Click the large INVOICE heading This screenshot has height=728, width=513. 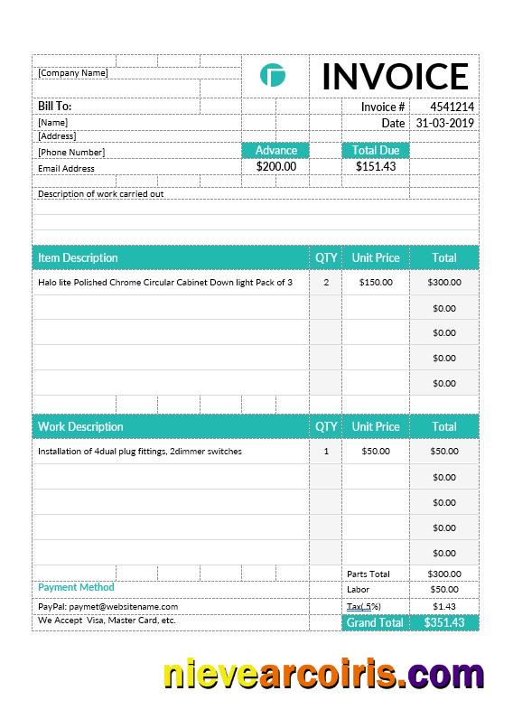pyautogui.click(x=395, y=77)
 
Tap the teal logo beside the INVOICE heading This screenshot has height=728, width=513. pyautogui.click(x=272, y=76)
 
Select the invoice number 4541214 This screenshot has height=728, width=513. pyautogui.click(x=452, y=107)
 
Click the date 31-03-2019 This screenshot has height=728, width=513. pyautogui.click(x=444, y=123)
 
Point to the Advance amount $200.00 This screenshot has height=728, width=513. pyautogui.click(x=275, y=166)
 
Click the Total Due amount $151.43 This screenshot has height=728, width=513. pyautogui.click(x=375, y=166)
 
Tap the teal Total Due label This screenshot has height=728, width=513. pyautogui.click(x=375, y=150)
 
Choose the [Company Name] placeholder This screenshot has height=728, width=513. pyautogui.click(x=72, y=73)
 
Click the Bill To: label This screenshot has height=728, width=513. pyautogui.click(x=54, y=107)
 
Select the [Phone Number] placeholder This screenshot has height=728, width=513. pyautogui.click(x=71, y=153)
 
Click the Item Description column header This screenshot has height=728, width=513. pyautogui.click(x=78, y=257)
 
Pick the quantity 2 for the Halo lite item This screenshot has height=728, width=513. pyautogui.click(x=326, y=282)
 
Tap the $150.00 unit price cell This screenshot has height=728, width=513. pyautogui.click(x=375, y=282)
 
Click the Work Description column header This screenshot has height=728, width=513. pyautogui.click(x=80, y=426)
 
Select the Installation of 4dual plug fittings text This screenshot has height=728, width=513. pyautogui.click(x=139, y=451)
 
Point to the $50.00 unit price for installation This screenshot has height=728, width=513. pyautogui.click(x=375, y=451)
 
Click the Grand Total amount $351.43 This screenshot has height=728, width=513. pyautogui.click(x=443, y=622)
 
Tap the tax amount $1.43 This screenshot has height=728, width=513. pyautogui.click(x=443, y=606)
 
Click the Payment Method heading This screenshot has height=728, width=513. pyautogui.click(x=76, y=587)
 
